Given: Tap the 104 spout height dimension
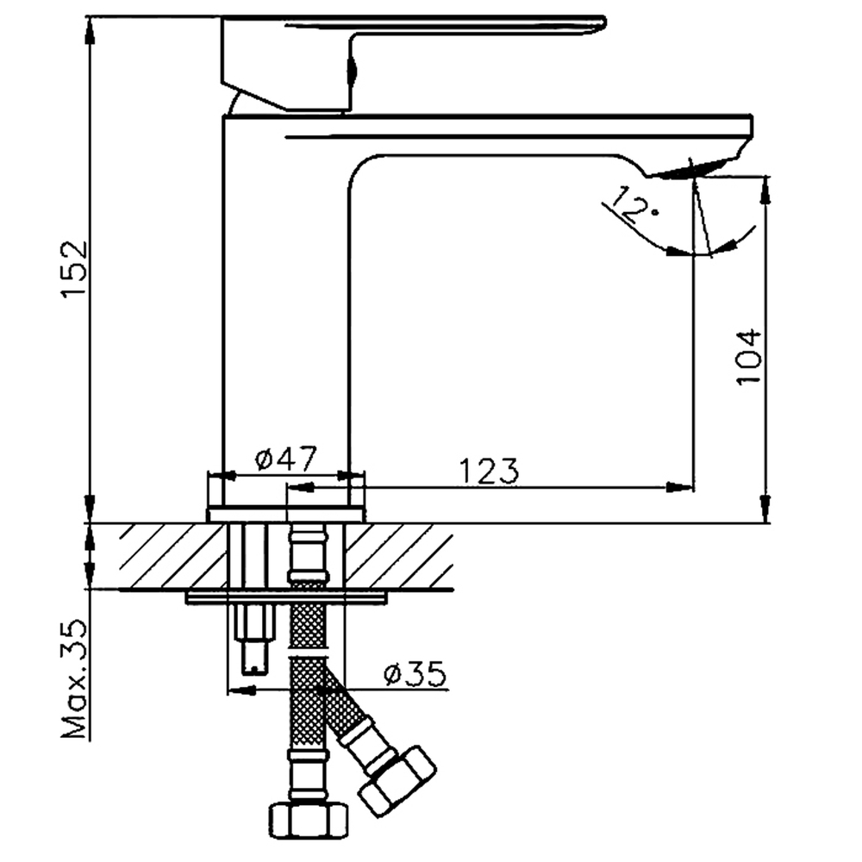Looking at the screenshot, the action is point(749,357).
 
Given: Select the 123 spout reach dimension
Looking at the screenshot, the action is point(489,471).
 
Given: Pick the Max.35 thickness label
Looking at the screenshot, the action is point(74,679).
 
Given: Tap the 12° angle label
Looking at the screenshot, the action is point(632,204).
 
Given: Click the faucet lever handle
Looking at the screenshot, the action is point(412,60).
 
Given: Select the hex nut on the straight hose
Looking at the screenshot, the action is point(309,822).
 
